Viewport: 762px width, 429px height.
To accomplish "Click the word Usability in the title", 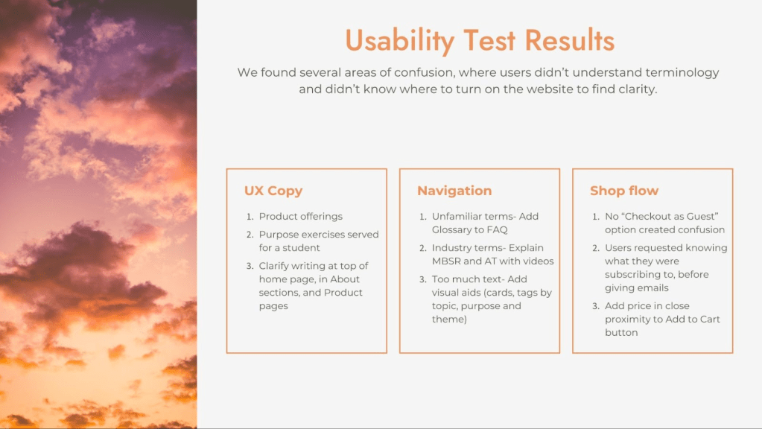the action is point(400,41).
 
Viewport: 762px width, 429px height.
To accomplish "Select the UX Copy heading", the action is point(273,191).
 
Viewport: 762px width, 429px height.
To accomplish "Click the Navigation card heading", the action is point(454,191).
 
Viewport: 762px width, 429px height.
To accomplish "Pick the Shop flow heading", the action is point(624,191).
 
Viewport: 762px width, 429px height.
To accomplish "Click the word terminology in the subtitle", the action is point(682,73).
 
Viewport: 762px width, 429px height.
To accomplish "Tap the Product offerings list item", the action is point(300,216).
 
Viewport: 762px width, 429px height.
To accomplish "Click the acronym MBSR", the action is point(446,261).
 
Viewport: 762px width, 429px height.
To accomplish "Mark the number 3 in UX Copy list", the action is point(250,266).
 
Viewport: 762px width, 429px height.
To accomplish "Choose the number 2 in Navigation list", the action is point(423,248).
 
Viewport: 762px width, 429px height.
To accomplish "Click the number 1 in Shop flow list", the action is point(596,216).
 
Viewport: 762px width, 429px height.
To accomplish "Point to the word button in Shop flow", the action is point(621,332).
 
